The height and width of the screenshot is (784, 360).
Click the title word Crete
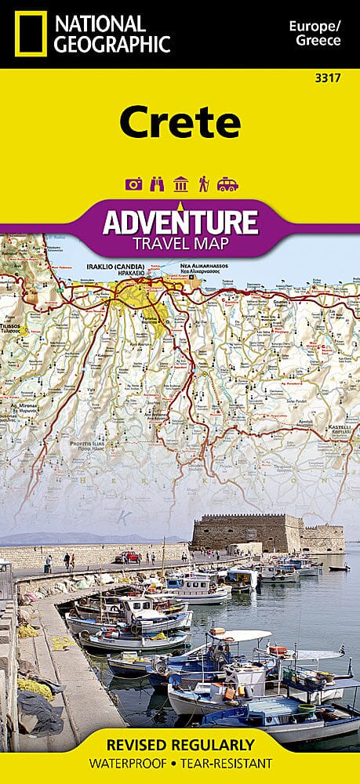180,122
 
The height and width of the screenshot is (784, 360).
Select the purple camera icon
133,184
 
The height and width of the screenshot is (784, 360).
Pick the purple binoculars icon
157,184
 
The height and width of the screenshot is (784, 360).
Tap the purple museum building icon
180,184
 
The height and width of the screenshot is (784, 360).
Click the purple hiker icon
203,184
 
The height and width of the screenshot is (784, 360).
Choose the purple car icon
227,184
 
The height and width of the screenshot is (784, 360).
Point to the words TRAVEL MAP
180,243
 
